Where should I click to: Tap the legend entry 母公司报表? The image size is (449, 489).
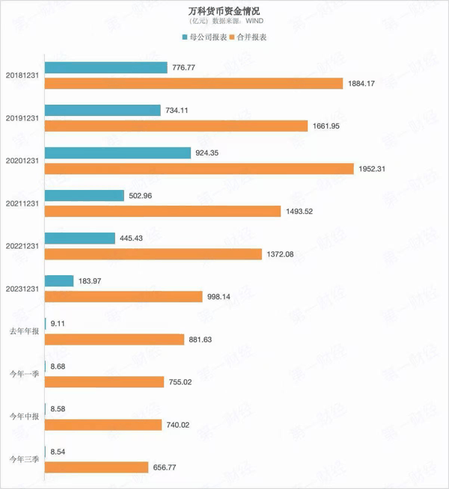[207, 37]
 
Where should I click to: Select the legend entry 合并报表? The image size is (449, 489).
[252, 37]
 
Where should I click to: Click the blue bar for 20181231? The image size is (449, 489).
[106, 67]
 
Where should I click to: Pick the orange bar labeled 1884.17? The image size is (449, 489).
[194, 83]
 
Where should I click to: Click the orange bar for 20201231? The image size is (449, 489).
[199, 169]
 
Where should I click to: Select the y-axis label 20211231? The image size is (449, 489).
[23, 203]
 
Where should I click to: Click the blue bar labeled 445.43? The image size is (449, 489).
[80, 239]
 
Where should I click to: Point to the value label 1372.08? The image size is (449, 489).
[280, 254]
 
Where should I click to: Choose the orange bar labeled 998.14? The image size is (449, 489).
[124, 297]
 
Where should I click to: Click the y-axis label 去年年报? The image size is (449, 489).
[23, 332]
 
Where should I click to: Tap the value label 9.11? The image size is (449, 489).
[59, 325]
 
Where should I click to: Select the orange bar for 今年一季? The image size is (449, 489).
[105, 382]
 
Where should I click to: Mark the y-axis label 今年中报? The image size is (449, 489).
[23, 417]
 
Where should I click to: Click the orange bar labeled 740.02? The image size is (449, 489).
[103, 425]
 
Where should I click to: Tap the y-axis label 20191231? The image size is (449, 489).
[23, 118]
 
